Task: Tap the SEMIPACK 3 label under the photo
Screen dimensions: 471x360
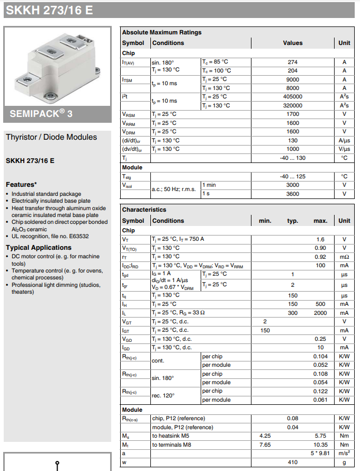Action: tap(41, 114)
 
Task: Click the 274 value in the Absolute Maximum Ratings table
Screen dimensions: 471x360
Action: tap(292, 62)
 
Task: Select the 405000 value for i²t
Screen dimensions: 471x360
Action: tap(292, 97)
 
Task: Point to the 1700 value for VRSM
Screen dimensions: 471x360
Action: tap(292, 114)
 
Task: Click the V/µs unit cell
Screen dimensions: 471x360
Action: tap(344, 149)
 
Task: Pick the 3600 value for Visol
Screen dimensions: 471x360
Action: tap(292, 194)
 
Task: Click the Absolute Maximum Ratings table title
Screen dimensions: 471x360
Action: tap(161, 32)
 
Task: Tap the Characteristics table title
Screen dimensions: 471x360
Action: tap(144, 210)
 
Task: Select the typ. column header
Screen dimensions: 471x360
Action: tap(292, 221)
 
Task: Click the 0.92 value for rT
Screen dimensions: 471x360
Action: tap(320, 256)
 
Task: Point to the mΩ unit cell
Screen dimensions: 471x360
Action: tap(344, 256)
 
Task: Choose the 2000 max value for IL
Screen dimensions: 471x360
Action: tap(320, 313)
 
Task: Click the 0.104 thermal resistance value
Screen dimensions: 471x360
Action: tap(320, 356)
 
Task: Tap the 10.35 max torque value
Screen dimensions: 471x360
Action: tap(320, 445)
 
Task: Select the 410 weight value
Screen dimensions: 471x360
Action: tap(292, 462)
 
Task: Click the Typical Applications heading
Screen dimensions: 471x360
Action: tap(38, 248)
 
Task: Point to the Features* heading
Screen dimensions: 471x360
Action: tap(21, 185)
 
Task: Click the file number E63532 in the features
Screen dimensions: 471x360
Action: tap(78, 237)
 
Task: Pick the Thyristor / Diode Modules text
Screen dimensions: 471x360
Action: tap(51, 137)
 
